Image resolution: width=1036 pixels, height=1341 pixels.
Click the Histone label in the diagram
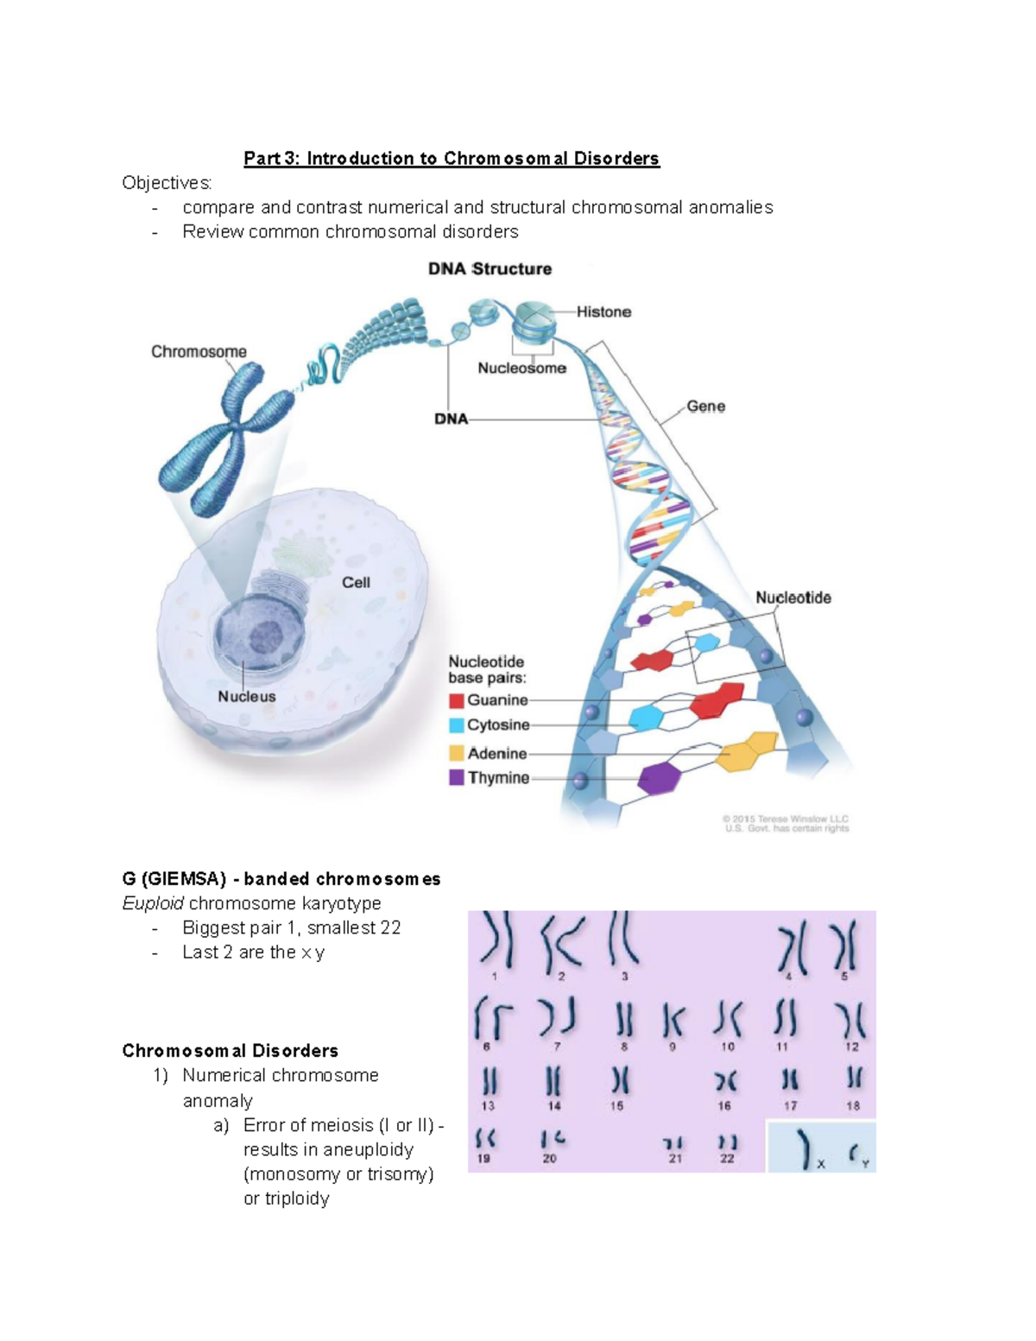click(603, 312)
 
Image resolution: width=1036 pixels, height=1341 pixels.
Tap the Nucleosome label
click(521, 368)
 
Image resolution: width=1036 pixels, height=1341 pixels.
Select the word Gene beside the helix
click(705, 406)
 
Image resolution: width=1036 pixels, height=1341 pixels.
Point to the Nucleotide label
click(793, 598)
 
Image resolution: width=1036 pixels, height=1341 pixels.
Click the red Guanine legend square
click(457, 700)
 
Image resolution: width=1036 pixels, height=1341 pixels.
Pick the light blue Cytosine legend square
click(457, 725)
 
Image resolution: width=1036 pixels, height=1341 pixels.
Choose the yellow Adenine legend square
click(457, 753)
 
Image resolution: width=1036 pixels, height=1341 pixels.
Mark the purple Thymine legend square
click(457, 778)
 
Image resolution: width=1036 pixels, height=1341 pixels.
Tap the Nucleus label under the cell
click(247, 697)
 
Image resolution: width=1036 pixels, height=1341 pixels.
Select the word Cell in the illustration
click(356, 583)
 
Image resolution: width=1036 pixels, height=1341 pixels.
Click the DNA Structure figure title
click(490, 269)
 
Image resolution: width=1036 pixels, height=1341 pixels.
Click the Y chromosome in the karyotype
click(854, 1153)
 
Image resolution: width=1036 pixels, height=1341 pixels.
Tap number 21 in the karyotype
click(674, 1159)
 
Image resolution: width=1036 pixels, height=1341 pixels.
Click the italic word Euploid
click(153, 903)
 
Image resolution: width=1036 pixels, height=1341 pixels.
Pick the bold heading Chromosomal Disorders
click(230, 1051)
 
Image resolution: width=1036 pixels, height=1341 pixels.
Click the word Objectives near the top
click(166, 183)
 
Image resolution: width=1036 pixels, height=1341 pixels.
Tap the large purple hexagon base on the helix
click(660, 777)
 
